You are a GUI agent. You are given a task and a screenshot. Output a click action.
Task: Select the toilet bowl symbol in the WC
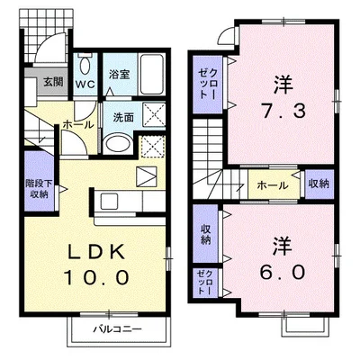point(85,67)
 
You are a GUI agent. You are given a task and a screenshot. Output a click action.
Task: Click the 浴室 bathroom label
point(121,75)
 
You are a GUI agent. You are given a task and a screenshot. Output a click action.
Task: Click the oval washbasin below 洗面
point(118,144)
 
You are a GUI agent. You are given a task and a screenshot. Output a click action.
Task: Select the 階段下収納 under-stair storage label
point(38,186)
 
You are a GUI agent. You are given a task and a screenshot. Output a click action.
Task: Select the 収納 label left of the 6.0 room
point(204,234)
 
